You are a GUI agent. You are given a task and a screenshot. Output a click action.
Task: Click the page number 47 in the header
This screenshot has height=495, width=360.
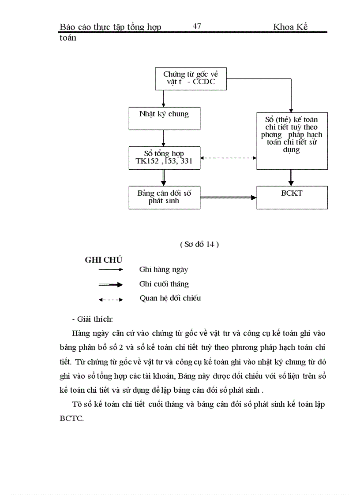[x=197, y=26]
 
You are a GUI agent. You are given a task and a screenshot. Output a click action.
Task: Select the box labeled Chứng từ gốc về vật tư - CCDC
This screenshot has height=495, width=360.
[x=190, y=79]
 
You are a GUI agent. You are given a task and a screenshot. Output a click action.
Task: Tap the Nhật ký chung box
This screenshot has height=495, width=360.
[x=164, y=118]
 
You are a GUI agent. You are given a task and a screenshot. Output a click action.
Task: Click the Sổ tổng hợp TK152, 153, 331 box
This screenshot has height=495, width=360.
[x=164, y=158]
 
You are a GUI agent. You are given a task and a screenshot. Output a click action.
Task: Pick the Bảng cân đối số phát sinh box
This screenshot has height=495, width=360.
[x=164, y=197]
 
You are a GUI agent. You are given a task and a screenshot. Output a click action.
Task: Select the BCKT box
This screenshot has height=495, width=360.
[x=292, y=197]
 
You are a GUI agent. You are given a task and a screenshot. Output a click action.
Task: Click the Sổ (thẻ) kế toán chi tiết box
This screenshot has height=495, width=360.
[x=292, y=140]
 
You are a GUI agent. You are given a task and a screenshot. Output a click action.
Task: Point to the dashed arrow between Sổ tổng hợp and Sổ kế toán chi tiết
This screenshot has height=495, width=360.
[x=228, y=158]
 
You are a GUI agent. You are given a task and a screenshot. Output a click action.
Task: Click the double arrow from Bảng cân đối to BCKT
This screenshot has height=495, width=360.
[x=228, y=197]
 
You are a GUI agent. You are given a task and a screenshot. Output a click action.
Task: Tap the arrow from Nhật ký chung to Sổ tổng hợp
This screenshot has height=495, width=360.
[x=164, y=138]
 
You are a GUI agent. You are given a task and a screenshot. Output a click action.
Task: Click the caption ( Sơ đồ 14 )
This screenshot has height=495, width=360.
[x=199, y=245]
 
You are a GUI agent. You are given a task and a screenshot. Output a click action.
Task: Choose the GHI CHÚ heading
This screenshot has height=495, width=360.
[x=103, y=260]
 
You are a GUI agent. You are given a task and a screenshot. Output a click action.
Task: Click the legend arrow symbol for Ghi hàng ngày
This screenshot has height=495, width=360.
[x=111, y=270]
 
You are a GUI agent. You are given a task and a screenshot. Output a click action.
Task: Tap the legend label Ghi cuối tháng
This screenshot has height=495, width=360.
[x=164, y=284]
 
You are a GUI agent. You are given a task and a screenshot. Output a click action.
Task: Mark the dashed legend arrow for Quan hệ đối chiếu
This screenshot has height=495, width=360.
[x=111, y=299]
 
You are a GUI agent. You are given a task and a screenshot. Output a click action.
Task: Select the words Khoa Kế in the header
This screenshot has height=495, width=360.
[x=290, y=27]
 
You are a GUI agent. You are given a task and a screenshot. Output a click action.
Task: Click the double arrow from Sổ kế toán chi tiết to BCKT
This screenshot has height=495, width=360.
[x=291, y=178]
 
